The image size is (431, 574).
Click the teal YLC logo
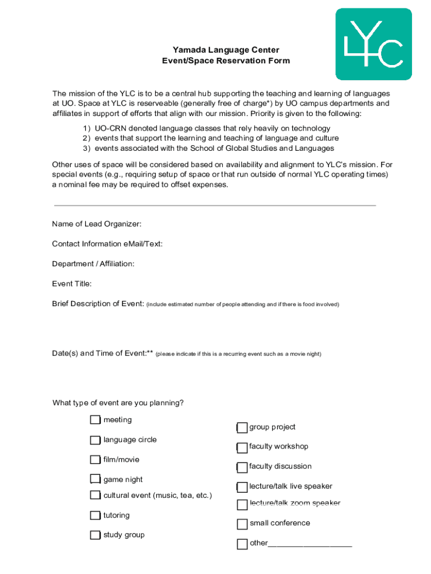pyautogui.click(x=373, y=44)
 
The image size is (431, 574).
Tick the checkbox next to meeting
pyautogui.click(x=95, y=420)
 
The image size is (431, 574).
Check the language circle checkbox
pyautogui.click(x=95, y=440)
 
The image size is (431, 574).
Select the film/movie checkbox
pyautogui.click(x=95, y=460)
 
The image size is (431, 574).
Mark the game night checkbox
pyautogui.click(x=95, y=479)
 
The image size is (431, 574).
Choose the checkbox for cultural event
pyautogui.click(x=95, y=495)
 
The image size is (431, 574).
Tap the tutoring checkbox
pyautogui.click(x=95, y=515)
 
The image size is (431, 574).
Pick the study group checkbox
pyautogui.click(x=95, y=535)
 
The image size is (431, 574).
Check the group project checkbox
pyautogui.click(x=242, y=428)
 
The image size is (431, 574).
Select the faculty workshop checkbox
pyautogui.click(x=242, y=447)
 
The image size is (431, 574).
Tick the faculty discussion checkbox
pyautogui.click(x=242, y=467)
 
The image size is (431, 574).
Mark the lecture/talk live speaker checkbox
pyautogui.click(x=242, y=487)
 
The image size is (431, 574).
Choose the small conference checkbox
pyautogui.click(x=242, y=524)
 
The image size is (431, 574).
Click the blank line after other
pyautogui.click(x=310, y=543)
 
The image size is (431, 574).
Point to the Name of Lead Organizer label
pyautogui.click(x=96, y=224)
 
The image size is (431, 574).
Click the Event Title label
pyautogui.click(x=72, y=284)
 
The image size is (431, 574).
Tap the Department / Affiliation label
pyautogui.click(x=93, y=264)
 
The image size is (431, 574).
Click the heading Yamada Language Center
pyautogui.click(x=218, y=50)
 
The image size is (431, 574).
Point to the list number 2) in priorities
pyautogui.click(x=87, y=138)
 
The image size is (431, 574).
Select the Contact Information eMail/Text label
pyautogui.click(x=107, y=244)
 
